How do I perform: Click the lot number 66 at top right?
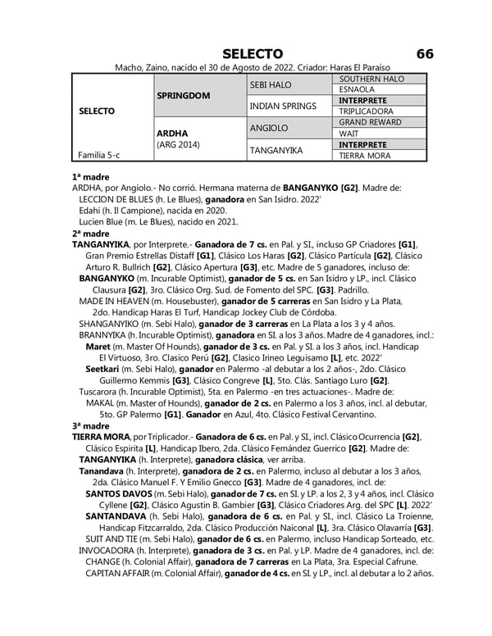424,53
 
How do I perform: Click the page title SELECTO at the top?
253,53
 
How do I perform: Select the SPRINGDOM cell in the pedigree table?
183,96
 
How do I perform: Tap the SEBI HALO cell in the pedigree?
270,84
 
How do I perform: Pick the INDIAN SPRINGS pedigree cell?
282,107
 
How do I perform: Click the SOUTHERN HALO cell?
371,79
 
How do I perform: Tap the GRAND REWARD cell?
370,123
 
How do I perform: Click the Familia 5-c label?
97,155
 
